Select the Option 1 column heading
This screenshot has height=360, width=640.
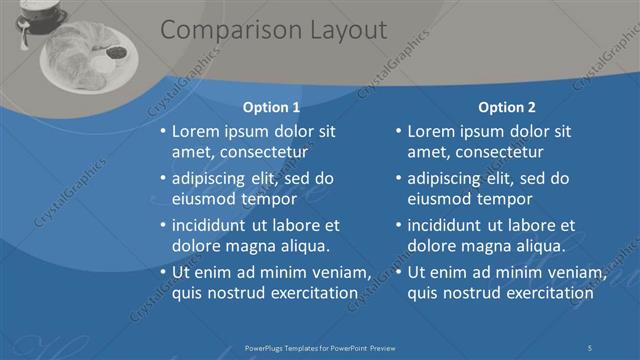click(271, 107)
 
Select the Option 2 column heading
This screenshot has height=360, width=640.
click(507, 107)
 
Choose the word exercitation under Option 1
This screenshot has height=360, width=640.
click(308, 293)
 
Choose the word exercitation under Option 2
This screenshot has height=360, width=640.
click(544, 293)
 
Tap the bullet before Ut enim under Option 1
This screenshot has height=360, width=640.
click(163, 272)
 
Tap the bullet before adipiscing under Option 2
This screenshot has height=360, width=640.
click(398, 179)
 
